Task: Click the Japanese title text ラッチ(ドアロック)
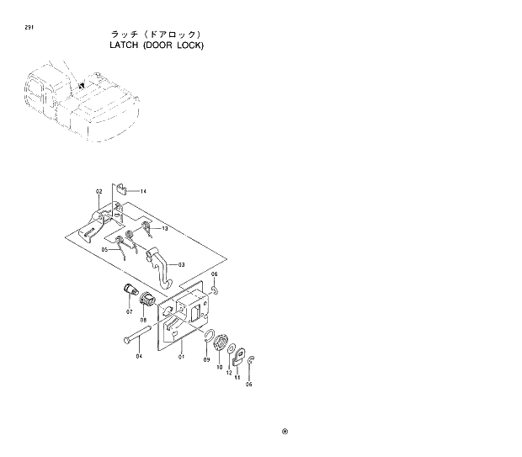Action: (x=157, y=34)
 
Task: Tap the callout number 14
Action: (x=142, y=192)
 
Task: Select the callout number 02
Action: (x=99, y=192)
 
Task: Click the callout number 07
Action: (x=130, y=312)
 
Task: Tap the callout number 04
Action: (x=139, y=356)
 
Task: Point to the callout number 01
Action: (x=181, y=356)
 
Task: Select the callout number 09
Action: (x=206, y=359)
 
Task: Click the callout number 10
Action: (x=221, y=368)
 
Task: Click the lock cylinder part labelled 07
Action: (x=130, y=294)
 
